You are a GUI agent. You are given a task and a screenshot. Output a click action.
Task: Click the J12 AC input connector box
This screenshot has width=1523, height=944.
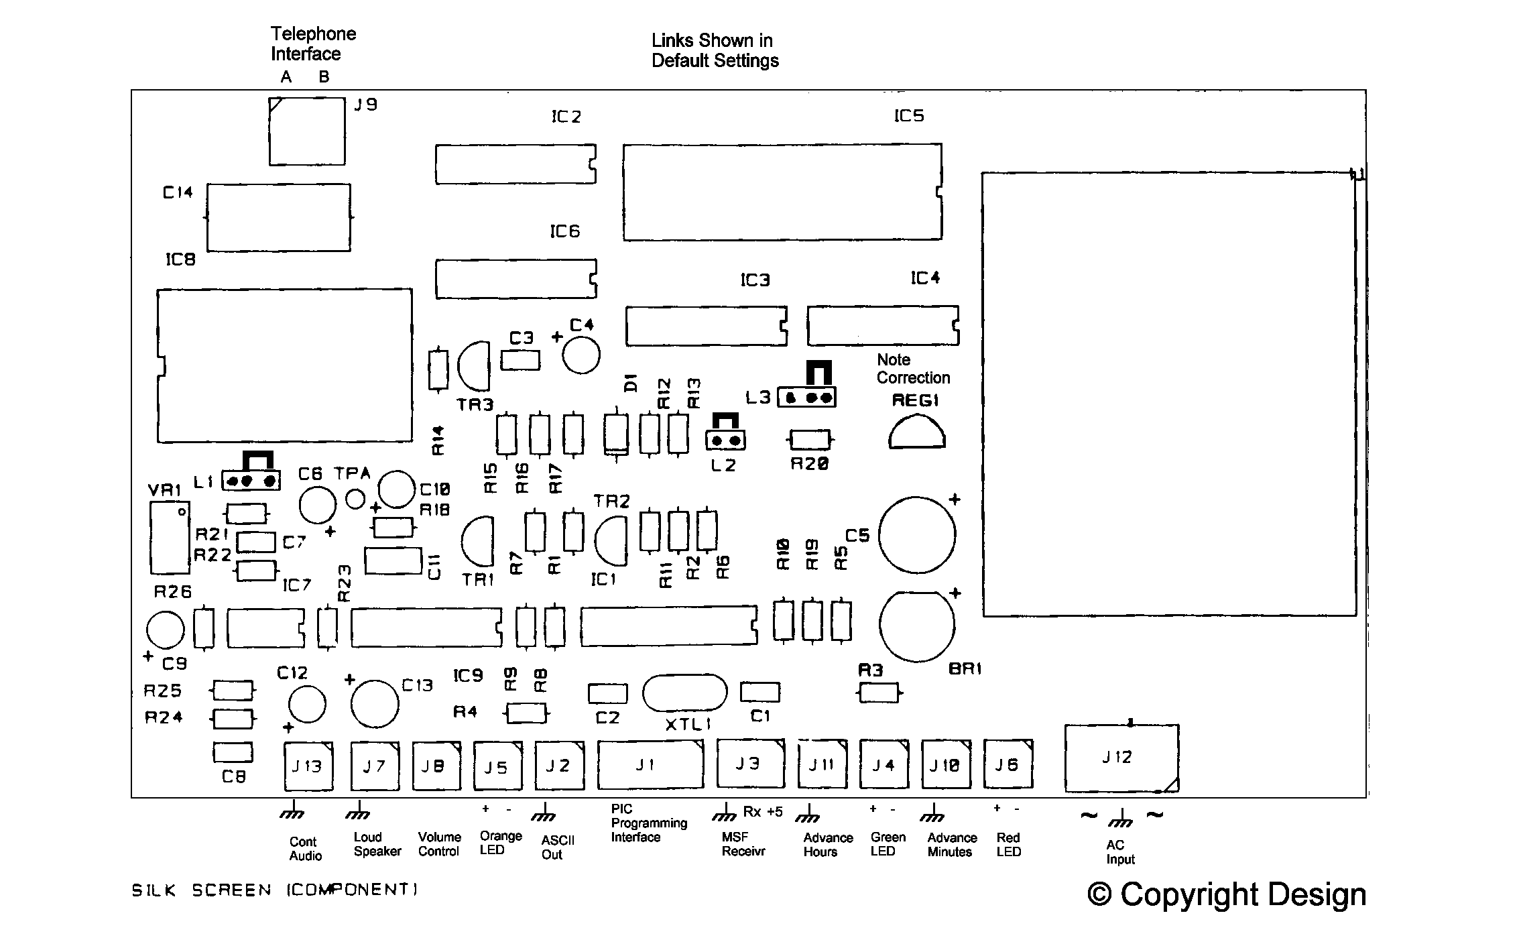(1121, 758)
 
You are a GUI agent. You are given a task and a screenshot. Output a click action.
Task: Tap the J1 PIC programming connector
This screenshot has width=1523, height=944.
(650, 764)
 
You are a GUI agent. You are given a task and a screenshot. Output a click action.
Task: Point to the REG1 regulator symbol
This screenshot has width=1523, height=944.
(916, 433)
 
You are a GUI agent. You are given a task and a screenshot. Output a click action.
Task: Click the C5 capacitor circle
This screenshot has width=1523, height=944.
(916, 535)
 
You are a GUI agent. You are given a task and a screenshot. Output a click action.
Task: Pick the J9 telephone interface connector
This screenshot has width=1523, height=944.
(307, 131)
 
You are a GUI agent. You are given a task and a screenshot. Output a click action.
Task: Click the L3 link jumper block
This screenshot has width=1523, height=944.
(806, 397)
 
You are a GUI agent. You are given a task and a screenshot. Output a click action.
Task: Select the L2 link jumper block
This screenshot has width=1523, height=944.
(725, 440)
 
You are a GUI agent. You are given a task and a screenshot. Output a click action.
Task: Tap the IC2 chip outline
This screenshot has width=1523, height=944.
(515, 164)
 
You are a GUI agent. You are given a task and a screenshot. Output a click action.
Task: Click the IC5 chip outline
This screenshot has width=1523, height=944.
(782, 192)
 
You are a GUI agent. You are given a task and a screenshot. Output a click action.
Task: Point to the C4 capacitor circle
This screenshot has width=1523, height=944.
(581, 355)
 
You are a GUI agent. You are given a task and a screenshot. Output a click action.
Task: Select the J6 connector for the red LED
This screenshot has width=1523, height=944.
(1008, 764)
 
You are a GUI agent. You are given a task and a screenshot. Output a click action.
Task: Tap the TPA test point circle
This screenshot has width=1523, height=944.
(355, 499)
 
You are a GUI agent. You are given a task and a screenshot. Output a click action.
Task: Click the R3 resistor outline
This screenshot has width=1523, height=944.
(879, 693)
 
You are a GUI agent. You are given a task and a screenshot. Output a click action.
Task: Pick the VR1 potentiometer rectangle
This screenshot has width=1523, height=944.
(170, 538)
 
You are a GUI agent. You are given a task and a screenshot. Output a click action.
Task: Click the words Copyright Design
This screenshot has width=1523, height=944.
(1226, 894)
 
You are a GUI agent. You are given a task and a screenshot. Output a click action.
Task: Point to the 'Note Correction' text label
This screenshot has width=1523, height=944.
(912, 369)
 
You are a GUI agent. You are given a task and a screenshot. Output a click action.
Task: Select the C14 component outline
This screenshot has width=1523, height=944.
(278, 217)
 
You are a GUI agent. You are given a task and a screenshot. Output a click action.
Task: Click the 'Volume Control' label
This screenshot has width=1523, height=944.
(439, 844)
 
